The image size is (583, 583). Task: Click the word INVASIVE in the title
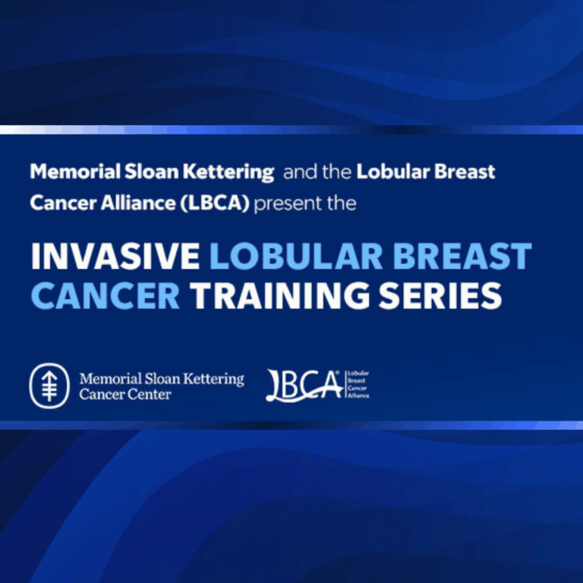pos(115,256)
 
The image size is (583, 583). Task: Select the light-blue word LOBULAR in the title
pos(296,256)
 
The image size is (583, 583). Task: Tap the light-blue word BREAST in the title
pos(462,256)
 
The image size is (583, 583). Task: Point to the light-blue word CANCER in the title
pos(106,295)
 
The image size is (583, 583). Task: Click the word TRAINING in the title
pos(280,295)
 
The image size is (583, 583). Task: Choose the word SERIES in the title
pos(440,295)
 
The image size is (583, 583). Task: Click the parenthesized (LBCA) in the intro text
pos(215,203)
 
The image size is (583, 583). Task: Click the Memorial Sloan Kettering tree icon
pos(49,386)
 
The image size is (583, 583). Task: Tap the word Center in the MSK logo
pos(150,394)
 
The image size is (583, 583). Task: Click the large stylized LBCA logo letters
pos(304,386)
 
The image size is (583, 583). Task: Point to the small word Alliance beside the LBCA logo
pos(358,396)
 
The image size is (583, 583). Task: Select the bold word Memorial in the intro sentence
pos(75,172)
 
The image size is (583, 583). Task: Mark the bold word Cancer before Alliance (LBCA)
pos(63,203)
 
